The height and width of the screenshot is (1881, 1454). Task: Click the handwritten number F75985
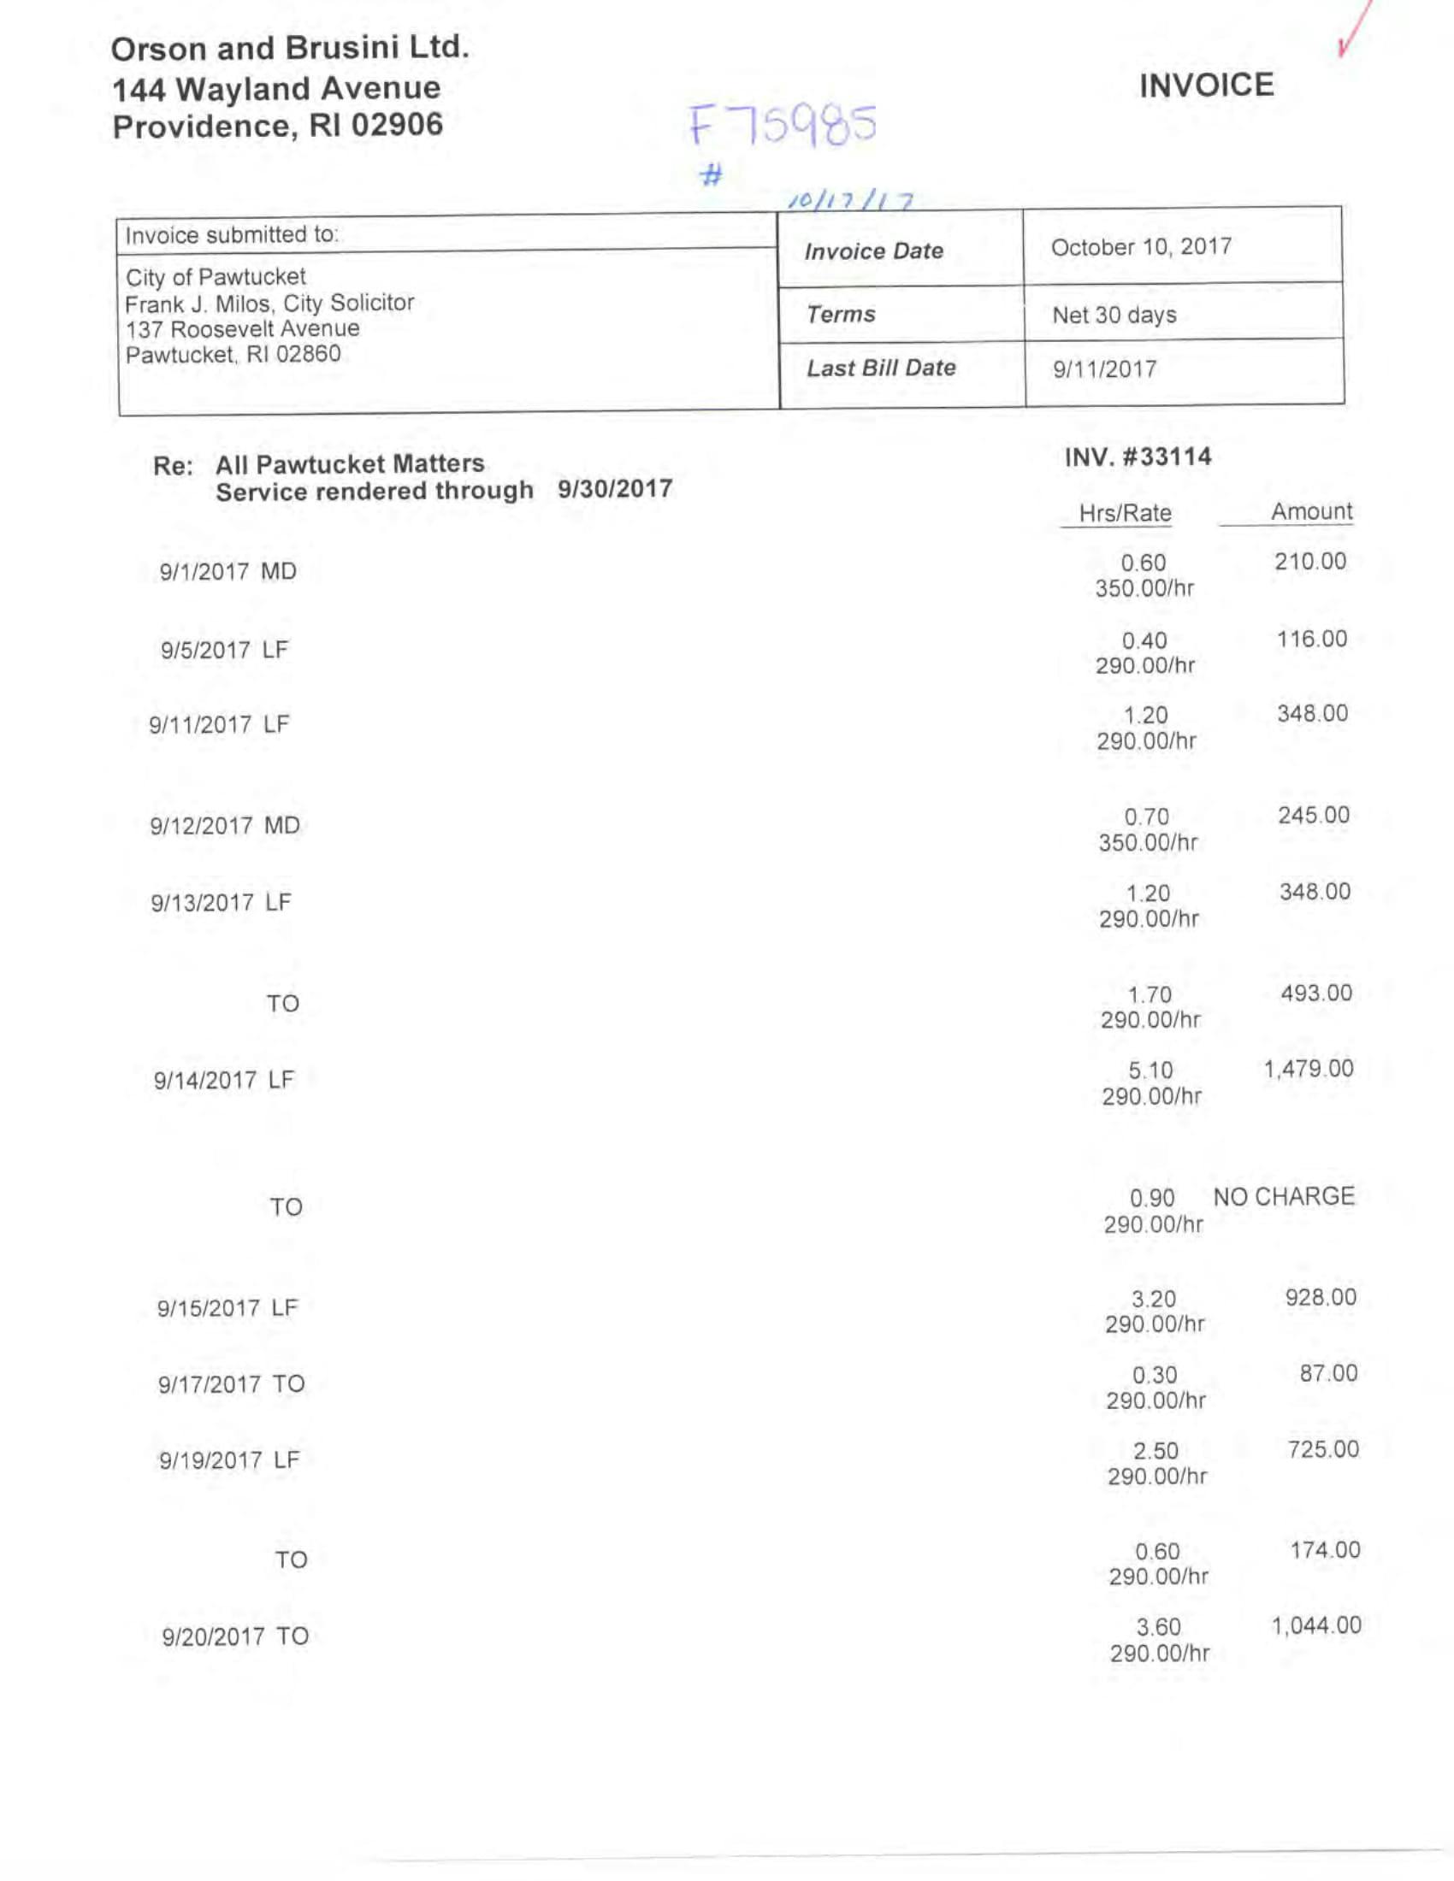pos(782,126)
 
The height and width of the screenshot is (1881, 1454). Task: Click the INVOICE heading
pos(1206,85)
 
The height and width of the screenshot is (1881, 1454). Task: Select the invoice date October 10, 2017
pos(1140,247)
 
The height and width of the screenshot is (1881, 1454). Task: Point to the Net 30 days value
pos(1114,315)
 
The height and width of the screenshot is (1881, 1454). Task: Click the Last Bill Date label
pos(880,369)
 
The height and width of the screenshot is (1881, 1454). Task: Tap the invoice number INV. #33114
pos(1138,457)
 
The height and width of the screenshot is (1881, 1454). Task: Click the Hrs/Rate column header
pos(1125,513)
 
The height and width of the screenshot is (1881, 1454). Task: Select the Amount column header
pos(1311,511)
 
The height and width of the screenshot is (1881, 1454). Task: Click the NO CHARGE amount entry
pos(1284,1196)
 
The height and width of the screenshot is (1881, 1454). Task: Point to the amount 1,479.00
pos(1308,1069)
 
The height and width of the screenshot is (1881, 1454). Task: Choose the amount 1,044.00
pos(1316,1625)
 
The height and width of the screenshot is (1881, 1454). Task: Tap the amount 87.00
pos(1328,1373)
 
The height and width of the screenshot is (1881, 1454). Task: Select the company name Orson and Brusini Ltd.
pos(290,48)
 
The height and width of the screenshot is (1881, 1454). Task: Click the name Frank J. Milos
pos(197,304)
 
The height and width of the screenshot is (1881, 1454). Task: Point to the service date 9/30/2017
pos(614,489)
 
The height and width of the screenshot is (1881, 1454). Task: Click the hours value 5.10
pos(1150,1070)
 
